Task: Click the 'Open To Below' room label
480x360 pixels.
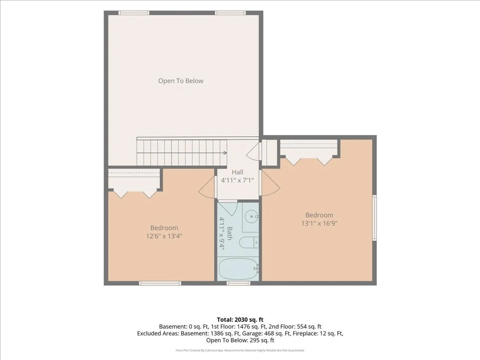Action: pyautogui.click(x=181, y=81)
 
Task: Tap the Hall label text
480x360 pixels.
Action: pyautogui.click(x=237, y=172)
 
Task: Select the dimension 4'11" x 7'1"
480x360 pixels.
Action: pyautogui.click(x=237, y=180)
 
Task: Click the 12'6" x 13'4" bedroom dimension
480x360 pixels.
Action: pyautogui.click(x=164, y=236)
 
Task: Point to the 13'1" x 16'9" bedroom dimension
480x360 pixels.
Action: pyautogui.click(x=319, y=223)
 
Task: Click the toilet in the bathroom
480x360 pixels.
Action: pyautogui.click(x=249, y=243)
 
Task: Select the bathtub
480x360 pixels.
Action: pyautogui.click(x=239, y=269)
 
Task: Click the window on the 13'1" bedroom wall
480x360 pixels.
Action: pyautogui.click(x=374, y=218)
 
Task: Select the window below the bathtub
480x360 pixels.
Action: pyautogui.click(x=238, y=283)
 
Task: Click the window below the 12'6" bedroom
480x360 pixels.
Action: pyautogui.click(x=160, y=283)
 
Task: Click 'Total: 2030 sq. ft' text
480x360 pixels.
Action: pyautogui.click(x=240, y=320)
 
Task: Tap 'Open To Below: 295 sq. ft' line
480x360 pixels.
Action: pyautogui.click(x=240, y=340)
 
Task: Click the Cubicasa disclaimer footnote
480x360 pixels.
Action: pyautogui.click(x=240, y=350)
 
